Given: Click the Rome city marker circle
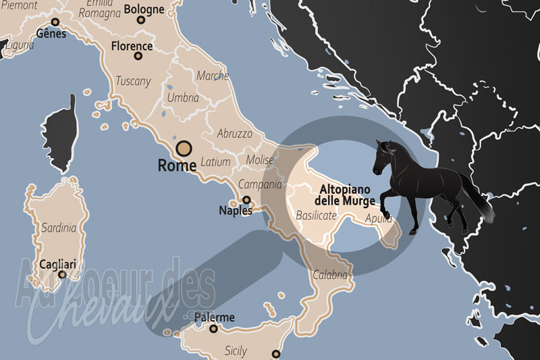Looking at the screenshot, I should [x=184, y=149].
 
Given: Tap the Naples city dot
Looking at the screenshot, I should [x=247, y=200].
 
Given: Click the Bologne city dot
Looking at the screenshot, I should [x=141, y=20].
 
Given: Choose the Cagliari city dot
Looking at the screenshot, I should [x=62, y=274].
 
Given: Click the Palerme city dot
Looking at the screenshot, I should [x=214, y=329].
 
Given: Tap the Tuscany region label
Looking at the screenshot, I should [x=133, y=80].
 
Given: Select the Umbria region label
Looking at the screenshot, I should [x=184, y=98].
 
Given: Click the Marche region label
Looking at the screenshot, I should [x=213, y=76].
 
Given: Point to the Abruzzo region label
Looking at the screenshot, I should [x=234, y=134].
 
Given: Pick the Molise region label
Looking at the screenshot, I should [x=261, y=159].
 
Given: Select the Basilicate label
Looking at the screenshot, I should [x=316, y=215].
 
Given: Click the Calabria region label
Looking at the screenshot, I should [x=330, y=275].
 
